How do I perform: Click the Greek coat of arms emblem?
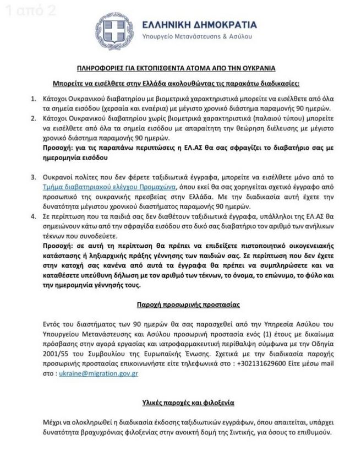coord(114,30)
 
